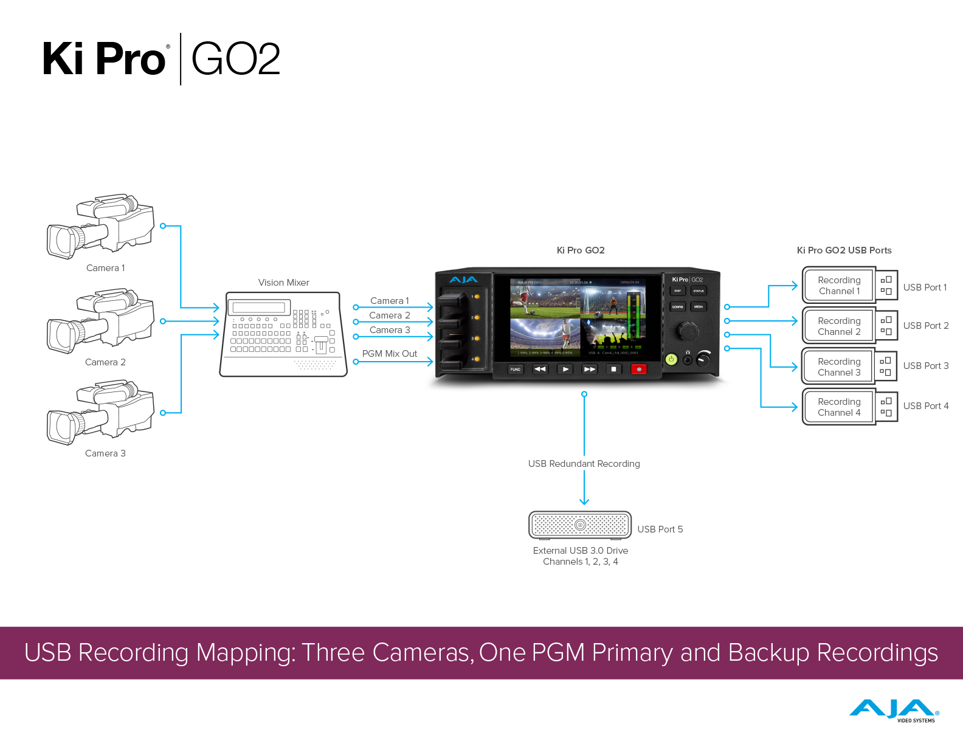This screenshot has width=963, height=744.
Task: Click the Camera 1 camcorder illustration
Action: click(101, 226)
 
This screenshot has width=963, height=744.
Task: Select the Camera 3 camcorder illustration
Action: click(101, 412)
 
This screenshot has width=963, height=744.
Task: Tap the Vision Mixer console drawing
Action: click(283, 334)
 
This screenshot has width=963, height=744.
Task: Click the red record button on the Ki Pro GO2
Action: click(638, 369)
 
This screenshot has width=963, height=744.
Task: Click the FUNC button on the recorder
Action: click(515, 369)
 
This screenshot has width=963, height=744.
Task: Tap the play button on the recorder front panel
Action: click(565, 369)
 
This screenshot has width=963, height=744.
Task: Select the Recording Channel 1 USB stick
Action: click(849, 285)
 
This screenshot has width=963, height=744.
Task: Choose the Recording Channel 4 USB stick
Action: click(849, 407)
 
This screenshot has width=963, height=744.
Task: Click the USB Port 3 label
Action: click(925, 366)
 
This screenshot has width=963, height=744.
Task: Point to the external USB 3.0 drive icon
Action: click(580, 525)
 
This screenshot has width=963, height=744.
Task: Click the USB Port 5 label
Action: click(660, 529)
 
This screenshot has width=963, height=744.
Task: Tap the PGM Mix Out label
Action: click(389, 354)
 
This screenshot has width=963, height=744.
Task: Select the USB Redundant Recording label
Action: click(584, 464)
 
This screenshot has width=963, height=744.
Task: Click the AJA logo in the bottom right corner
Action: click(894, 711)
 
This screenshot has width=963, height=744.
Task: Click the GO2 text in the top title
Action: click(236, 60)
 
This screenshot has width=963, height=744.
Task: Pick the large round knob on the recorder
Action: click(688, 331)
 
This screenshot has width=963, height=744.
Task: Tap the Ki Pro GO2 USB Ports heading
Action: click(844, 250)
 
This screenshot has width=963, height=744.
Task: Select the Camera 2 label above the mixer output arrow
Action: click(389, 315)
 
